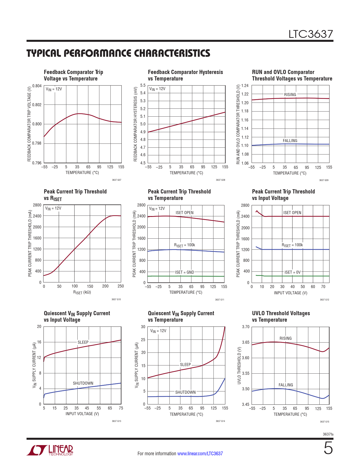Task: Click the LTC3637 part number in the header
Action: pyautogui.click(x=310, y=34)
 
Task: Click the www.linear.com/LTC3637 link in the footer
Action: pyautogui.click(x=200, y=454)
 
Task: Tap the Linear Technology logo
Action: pyautogui.click(x=50, y=450)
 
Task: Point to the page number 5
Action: pyautogui.click(x=328, y=448)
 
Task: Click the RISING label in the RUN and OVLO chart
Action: pyautogui.click(x=290, y=95)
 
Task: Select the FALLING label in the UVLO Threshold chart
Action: pyautogui.click(x=286, y=385)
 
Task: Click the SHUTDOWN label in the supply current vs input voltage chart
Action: pyautogui.click(x=83, y=383)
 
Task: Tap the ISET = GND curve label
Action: pyautogui.click(x=185, y=272)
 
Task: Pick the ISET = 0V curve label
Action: pyautogui.click(x=293, y=272)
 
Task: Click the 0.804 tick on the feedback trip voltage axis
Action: pyautogui.click(x=37, y=86)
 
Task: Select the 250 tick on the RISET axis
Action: pyautogui.click(x=121, y=286)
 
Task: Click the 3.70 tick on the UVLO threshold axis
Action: pyautogui.click(x=246, y=327)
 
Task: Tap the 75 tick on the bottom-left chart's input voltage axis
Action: pyautogui.click(x=121, y=408)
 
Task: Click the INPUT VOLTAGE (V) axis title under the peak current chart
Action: pyautogui.click(x=291, y=293)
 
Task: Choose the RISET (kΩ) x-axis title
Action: pyautogui.click(x=82, y=293)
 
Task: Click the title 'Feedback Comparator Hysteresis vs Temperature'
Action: pyautogui.click(x=185, y=75)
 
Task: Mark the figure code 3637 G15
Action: pyautogui.click(x=324, y=422)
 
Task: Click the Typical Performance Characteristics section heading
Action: pyautogui.click(x=118, y=53)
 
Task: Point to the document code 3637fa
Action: pyautogui.click(x=328, y=434)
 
